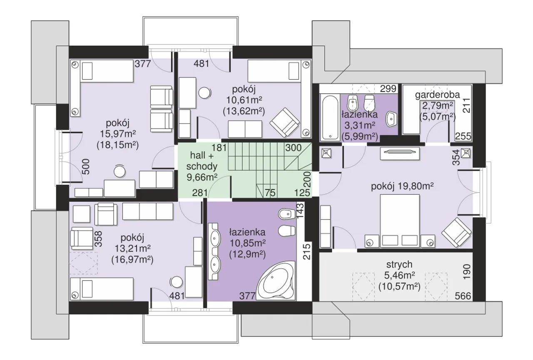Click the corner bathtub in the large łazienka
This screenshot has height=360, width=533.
pos(276,281)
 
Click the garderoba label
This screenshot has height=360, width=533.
pos(437,95)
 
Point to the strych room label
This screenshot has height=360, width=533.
pos(399,264)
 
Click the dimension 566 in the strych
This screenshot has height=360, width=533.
pos(463,296)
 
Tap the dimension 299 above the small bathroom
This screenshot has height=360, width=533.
pos(388,89)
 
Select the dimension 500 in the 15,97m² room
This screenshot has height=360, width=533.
pos(86,167)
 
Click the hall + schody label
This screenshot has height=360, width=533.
pos(202,161)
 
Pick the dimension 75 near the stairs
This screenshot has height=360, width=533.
pos(270,193)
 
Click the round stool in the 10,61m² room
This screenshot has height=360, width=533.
pos(204,93)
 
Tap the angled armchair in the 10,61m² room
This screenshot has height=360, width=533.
pos(284,122)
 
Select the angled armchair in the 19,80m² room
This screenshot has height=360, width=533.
pos(456,232)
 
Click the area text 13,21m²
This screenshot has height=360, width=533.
pos(132,248)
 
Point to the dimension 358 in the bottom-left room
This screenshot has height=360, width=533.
pos(98,239)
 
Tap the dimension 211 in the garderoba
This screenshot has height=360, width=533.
pos(467,105)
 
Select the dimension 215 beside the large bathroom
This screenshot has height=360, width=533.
pos(306,251)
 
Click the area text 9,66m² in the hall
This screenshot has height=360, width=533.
pos(202,177)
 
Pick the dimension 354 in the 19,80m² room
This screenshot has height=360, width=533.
pos(456,157)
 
